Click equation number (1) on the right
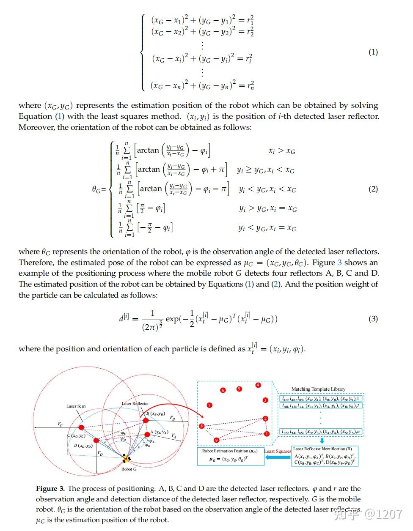pyautogui.click(x=373, y=52)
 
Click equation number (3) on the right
pyautogui.click(x=373, y=318)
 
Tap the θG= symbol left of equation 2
pyautogui.click(x=99, y=189)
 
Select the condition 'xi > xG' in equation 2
pyautogui.click(x=282, y=151)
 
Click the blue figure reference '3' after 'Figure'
pyautogui.click(x=339, y=263)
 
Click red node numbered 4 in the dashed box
pyautogui.click(x=258, y=385)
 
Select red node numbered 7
pyautogui.click(x=209, y=405)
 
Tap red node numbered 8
pyautogui.click(x=202, y=426)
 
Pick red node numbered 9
pyautogui.click(x=216, y=440)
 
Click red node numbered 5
pyautogui.click(x=239, y=389)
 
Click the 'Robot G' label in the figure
pyautogui.click(x=129, y=469)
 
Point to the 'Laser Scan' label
pyautogui.click(x=76, y=406)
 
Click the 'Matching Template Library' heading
pyautogui.click(x=318, y=389)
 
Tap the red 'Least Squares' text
pyautogui.click(x=278, y=451)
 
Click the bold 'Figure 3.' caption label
pyautogui.click(x=50, y=489)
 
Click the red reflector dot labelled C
pyautogui.click(x=81, y=427)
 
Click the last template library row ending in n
pyautogui.click(x=321, y=432)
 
